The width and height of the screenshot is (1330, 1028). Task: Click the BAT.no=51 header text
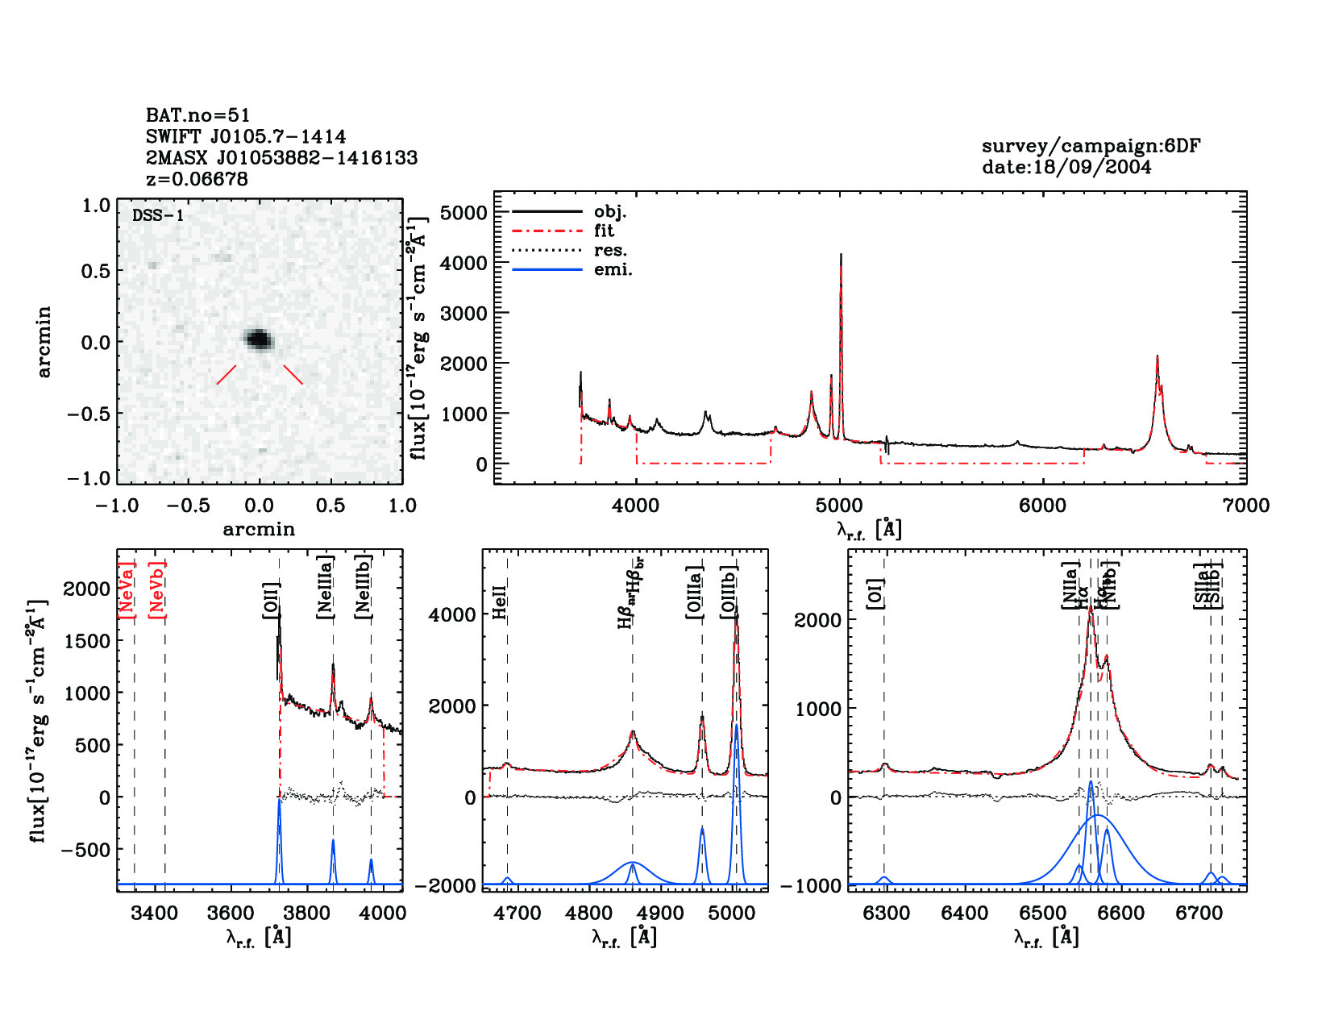(x=198, y=115)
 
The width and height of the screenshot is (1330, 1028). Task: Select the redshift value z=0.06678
(x=197, y=178)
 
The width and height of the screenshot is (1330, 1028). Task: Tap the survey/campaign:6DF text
(x=1091, y=146)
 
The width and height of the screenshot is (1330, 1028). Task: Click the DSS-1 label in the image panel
(x=157, y=215)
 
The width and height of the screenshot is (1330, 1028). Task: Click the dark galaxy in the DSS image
(x=259, y=339)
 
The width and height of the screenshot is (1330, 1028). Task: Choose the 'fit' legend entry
(x=604, y=231)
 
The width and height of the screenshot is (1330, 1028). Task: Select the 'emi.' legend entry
(x=613, y=269)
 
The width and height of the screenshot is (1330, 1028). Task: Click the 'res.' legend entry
(x=610, y=250)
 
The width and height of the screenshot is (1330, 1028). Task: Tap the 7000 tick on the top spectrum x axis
(x=1245, y=506)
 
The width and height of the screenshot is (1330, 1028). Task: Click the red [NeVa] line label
(x=127, y=590)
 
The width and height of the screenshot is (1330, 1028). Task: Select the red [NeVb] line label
(x=157, y=590)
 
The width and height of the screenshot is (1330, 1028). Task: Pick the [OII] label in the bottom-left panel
(x=271, y=601)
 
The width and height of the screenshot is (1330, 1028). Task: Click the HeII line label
(x=500, y=601)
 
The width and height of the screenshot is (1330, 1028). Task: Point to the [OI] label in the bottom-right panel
(x=876, y=593)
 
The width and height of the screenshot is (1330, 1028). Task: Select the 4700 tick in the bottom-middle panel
(x=516, y=914)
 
